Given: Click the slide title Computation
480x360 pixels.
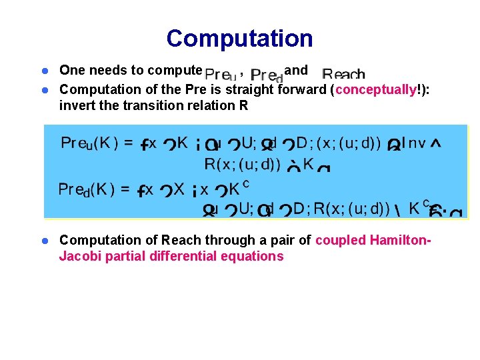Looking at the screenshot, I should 239,38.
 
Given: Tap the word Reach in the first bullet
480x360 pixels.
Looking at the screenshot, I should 343,74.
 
